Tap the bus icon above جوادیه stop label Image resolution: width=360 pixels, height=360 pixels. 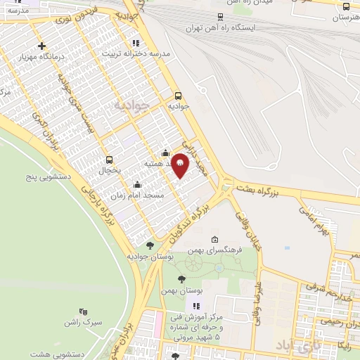coord(178,95)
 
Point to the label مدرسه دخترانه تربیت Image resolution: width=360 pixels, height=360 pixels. coord(136,53)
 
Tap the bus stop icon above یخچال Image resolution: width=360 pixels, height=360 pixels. coord(109,159)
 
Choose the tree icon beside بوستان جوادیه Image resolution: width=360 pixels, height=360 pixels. coord(149,245)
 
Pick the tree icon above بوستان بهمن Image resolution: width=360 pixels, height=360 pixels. coord(182,279)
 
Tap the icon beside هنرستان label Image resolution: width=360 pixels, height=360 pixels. coord(345,6)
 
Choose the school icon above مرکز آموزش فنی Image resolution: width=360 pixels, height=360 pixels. coord(196,306)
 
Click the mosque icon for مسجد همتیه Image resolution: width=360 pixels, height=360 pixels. coord(165,153)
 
